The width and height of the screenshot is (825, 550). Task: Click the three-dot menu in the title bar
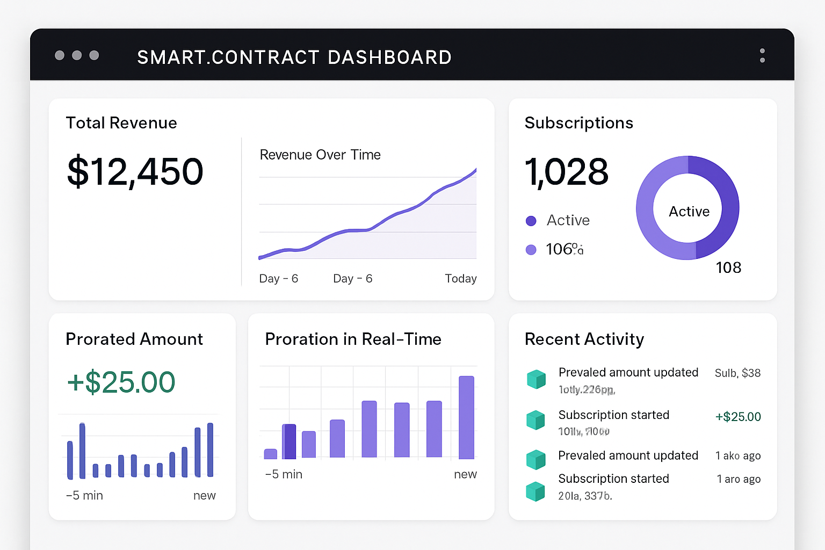(762, 56)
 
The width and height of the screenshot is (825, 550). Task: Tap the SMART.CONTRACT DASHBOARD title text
(294, 57)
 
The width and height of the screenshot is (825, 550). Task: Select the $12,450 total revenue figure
(135, 172)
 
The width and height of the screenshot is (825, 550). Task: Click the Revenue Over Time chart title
(320, 155)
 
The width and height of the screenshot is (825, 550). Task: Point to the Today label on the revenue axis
(460, 278)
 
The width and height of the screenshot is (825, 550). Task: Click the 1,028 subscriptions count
(567, 172)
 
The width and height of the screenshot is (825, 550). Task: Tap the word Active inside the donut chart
(689, 212)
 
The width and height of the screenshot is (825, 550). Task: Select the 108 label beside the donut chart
(728, 267)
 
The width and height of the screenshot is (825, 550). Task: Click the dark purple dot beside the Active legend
(531, 221)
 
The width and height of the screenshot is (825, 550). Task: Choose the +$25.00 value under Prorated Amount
(121, 382)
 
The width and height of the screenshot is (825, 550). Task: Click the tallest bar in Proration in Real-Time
(466, 417)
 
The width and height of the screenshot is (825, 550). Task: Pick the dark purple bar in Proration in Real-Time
(289, 441)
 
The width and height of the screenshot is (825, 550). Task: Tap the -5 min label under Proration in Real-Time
(284, 474)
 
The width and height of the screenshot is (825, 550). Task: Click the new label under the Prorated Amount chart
(204, 495)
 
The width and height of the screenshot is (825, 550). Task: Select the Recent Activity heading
(584, 339)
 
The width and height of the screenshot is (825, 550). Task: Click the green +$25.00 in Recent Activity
(738, 417)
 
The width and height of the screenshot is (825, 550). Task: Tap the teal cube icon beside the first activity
(536, 379)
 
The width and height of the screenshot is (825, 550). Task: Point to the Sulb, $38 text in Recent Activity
(737, 373)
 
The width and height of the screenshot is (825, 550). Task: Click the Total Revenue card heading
(121, 123)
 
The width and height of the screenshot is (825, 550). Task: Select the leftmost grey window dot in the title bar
(60, 55)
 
